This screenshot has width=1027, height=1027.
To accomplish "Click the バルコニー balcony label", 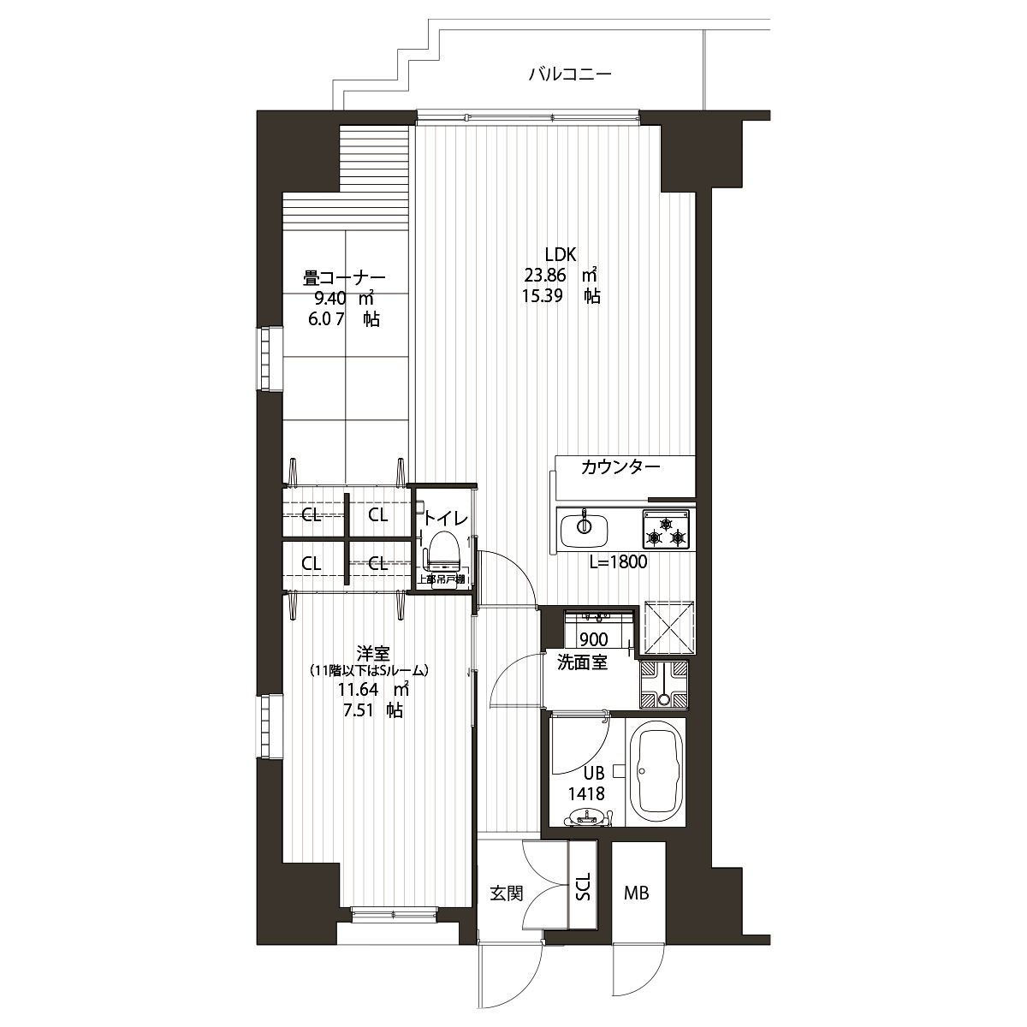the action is (x=570, y=74).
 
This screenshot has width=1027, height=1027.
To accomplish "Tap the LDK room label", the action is (x=560, y=254).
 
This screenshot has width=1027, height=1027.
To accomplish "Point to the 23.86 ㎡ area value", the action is (x=560, y=275).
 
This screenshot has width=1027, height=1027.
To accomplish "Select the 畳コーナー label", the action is (x=344, y=277).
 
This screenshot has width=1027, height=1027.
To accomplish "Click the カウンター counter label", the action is (x=620, y=467).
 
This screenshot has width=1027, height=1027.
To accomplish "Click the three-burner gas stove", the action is (x=666, y=529).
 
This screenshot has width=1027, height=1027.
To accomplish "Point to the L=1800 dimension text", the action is (x=618, y=561).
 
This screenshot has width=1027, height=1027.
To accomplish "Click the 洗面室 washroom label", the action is (x=582, y=662).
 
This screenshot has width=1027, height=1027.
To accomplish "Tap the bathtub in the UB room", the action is (x=655, y=770).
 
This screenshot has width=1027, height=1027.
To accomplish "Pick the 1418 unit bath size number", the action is (x=586, y=794).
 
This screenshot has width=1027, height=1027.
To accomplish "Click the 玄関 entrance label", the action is (x=507, y=893).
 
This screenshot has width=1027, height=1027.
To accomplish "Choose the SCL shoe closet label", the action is (x=583, y=887).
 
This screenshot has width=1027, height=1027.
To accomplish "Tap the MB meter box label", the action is (x=637, y=893).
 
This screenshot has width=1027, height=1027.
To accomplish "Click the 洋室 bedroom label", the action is (x=373, y=653).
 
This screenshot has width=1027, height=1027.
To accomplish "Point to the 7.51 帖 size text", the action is (x=373, y=710).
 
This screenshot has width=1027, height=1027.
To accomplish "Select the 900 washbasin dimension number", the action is (x=594, y=639).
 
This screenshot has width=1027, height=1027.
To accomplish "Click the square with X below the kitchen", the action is (x=669, y=626).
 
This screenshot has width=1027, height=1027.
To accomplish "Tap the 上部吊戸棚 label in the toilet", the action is (x=442, y=579).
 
